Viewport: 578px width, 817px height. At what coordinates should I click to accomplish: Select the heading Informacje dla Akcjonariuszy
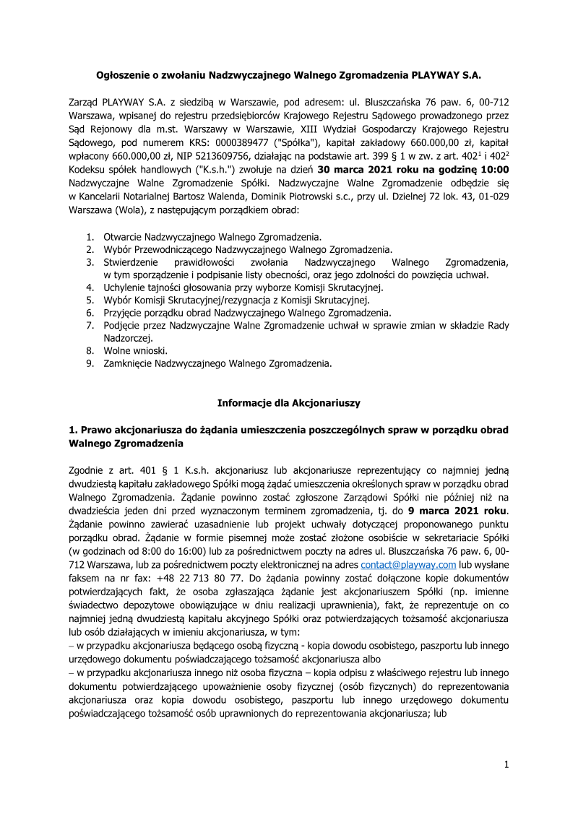click(x=288, y=402)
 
